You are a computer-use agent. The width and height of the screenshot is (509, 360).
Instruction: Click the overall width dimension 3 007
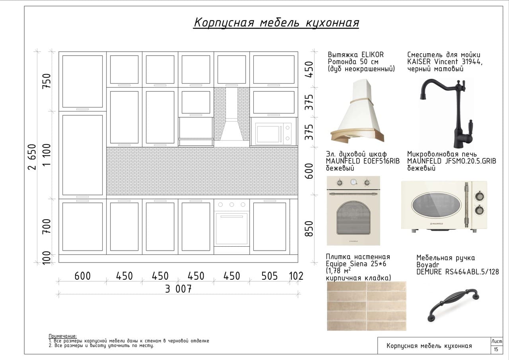click(179, 289)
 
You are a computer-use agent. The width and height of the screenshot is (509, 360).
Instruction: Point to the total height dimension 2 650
click(32, 157)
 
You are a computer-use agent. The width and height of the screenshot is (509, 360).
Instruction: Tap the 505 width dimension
click(270, 276)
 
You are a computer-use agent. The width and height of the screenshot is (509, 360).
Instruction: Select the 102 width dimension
click(296, 276)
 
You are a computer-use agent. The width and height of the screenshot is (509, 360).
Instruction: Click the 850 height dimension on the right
click(309, 229)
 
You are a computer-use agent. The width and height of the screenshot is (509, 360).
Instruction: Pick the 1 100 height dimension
click(47, 155)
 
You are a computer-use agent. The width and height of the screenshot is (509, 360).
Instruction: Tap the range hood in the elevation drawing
click(231, 117)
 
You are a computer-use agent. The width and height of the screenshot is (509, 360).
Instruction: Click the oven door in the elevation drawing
click(231, 229)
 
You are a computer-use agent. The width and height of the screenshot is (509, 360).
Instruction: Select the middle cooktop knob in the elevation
click(231, 204)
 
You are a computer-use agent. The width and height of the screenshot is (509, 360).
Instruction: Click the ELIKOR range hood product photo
click(357, 111)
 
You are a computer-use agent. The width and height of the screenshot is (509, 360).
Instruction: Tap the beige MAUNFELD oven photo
click(354, 211)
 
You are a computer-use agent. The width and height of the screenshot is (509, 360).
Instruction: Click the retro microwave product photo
click(444, 206)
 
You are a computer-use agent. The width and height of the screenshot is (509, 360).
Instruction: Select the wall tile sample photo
click(367, 306)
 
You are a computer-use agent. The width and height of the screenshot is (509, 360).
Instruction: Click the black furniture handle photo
click(453, 305)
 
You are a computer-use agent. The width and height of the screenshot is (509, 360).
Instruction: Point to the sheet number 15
click(496, 349)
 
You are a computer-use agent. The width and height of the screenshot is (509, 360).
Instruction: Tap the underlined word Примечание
click(63, 336)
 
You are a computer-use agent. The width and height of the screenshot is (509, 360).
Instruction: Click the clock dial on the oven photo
click(354, 182)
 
